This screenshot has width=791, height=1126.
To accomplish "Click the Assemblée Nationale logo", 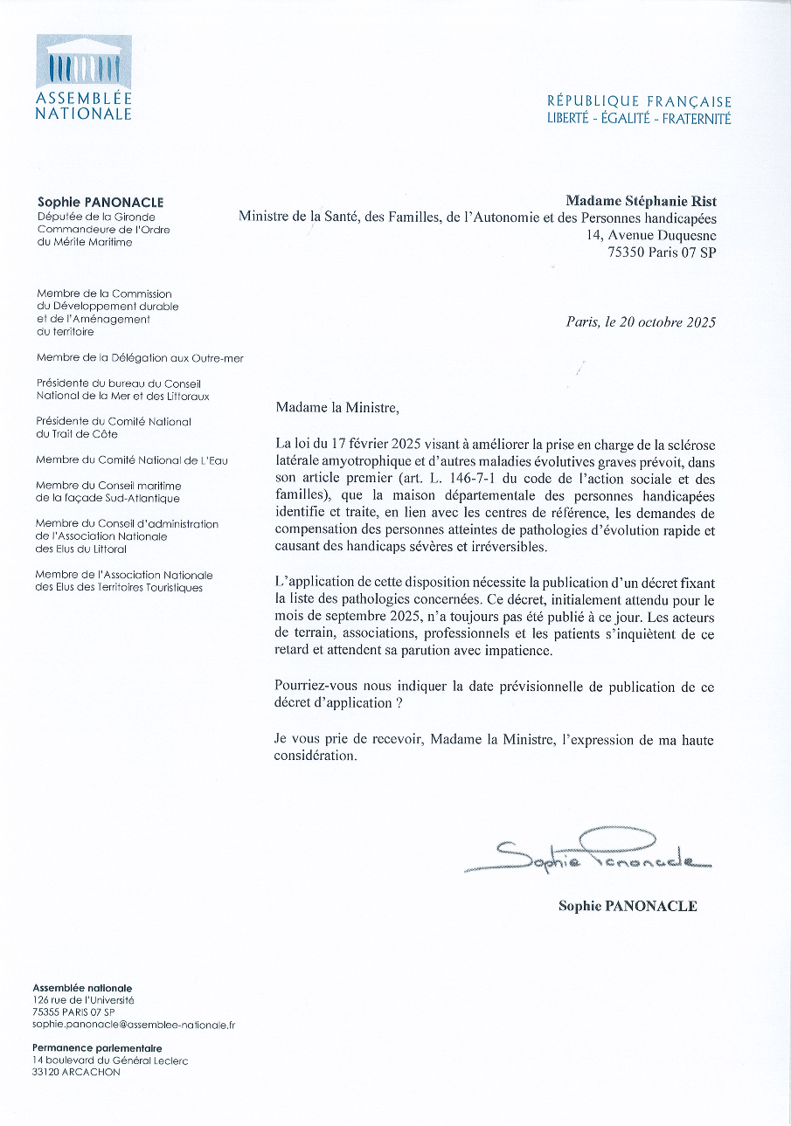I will coord(84,77).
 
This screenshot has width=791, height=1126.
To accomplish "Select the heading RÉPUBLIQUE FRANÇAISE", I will coord(639,102).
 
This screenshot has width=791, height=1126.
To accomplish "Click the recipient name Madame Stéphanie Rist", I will coord(641,202).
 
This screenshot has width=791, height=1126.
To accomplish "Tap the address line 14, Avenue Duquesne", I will coord(651,235).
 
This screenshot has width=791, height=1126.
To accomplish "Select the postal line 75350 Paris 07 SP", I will coord(662,252).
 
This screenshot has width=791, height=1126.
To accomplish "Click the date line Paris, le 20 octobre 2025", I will coord(641,322).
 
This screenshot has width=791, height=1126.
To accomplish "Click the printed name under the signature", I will coord(628,906).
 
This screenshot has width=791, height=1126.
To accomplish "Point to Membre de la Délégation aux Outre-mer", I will coord(140,358).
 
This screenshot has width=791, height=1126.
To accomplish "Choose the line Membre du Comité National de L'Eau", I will coord(132,459).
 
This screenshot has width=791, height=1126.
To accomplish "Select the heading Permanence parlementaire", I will coord(97,1047).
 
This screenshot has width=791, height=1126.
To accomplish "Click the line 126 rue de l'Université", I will coord(83,998).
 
